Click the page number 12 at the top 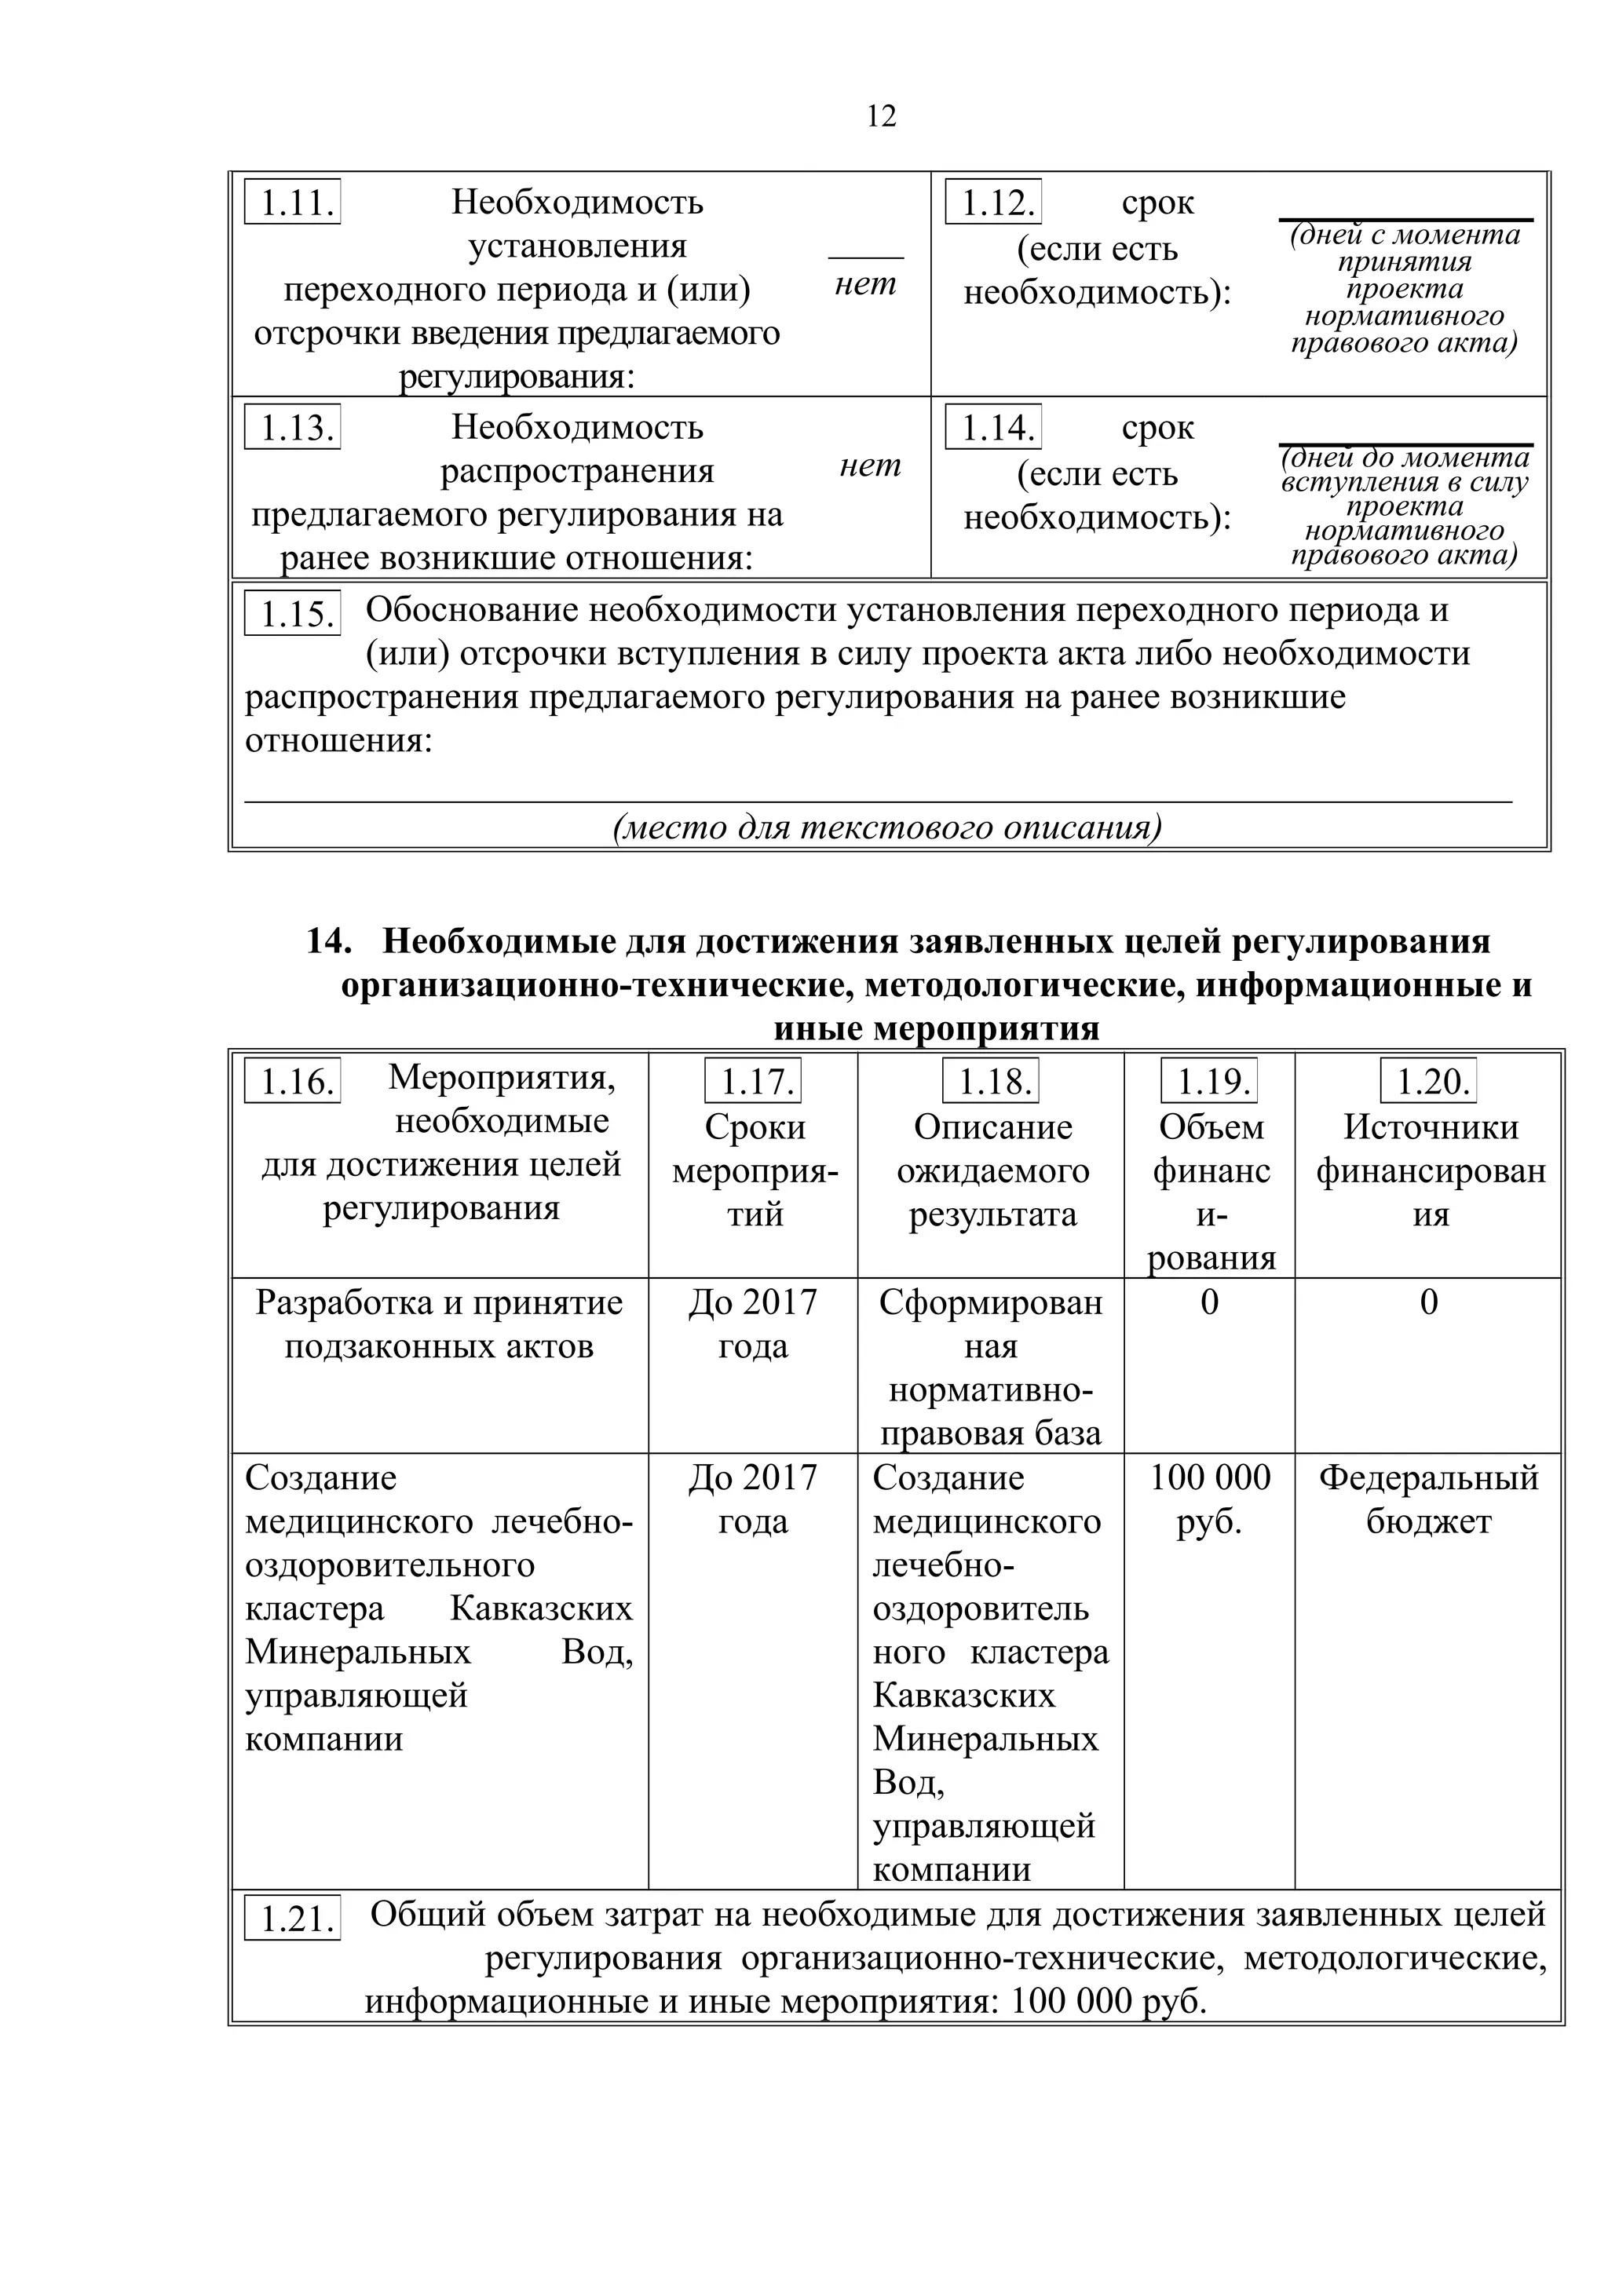tap(881, 117)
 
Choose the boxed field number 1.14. tap(994, 427)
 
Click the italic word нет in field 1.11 tap(865, 284)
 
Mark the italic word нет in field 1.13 tap(870, 465)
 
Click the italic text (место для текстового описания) tap(886, 827)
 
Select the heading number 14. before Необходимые tap(329, 940)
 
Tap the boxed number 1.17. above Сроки tap(753, 1081)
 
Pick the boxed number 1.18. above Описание tap(991, 1081)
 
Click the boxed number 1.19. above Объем tap(1210, 1081)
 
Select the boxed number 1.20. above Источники tap(1429, 1081)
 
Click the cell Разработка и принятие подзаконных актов tap(439, 1325)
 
